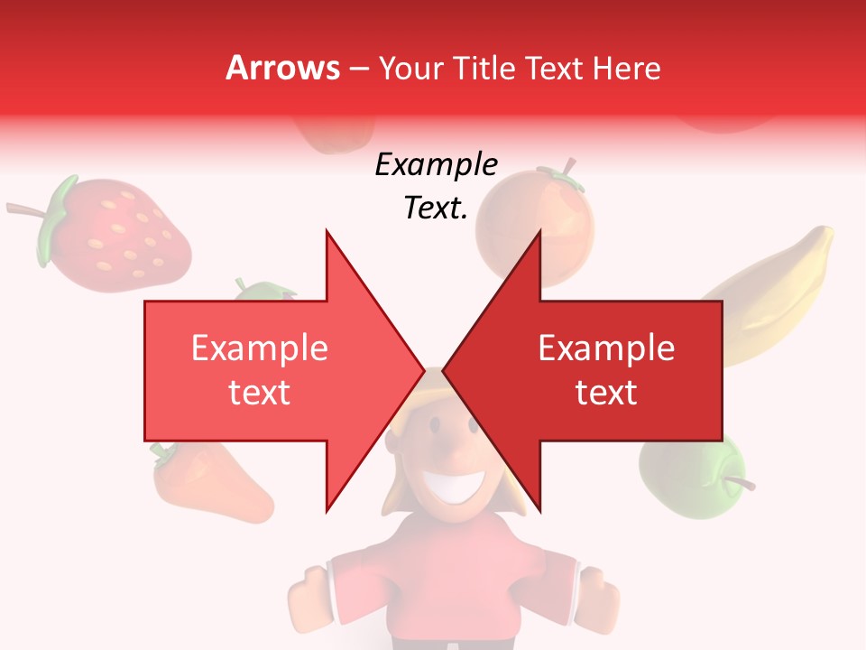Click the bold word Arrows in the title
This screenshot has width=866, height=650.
click(x=282, y=68)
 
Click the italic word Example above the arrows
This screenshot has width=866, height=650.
click(x=436, y=165)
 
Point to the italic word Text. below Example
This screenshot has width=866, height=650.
click(x=436, y=208)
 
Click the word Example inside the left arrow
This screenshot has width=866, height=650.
click(x=259, y=348)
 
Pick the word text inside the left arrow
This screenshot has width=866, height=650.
click(x=259, y=393)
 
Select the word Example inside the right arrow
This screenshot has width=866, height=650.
click(x=606, y=348)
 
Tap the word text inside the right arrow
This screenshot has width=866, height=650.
click(x=606, y=393)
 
